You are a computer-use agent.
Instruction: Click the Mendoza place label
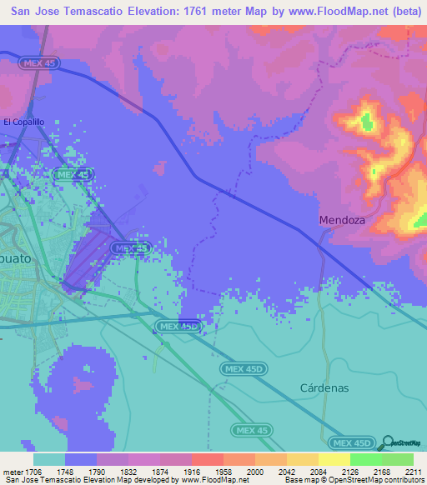tap(342, 221)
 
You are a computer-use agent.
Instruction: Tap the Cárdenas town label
tap(324, 388)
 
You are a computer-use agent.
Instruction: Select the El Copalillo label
tap(24, 122)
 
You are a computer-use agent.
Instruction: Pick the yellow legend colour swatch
tap(334, 459)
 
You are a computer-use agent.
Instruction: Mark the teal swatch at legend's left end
tap(49, 459)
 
